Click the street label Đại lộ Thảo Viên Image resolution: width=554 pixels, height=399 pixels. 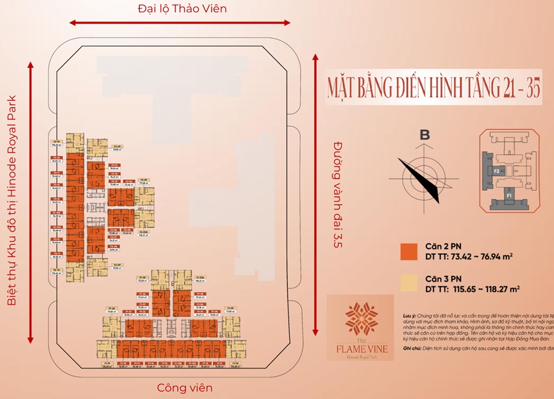coord(182,9)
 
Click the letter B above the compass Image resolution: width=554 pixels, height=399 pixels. coord(424,135)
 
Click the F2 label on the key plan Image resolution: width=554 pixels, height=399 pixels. coord(497,171)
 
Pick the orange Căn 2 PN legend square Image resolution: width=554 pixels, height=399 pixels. coord(409,251)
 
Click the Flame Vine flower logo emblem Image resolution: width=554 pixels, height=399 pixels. coord(361,318)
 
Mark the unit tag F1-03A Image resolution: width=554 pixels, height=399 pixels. coord(200,278)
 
